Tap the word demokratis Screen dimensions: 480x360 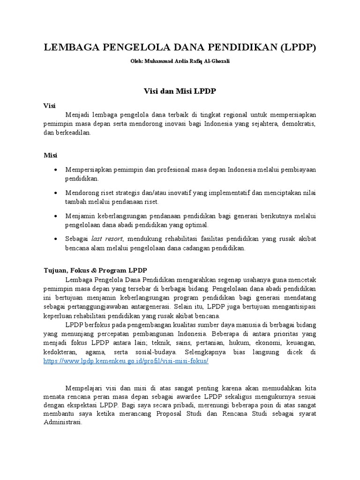[298, 124]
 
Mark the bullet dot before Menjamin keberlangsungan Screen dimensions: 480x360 [56, 216]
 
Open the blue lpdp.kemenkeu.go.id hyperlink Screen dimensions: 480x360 [126, 361]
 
